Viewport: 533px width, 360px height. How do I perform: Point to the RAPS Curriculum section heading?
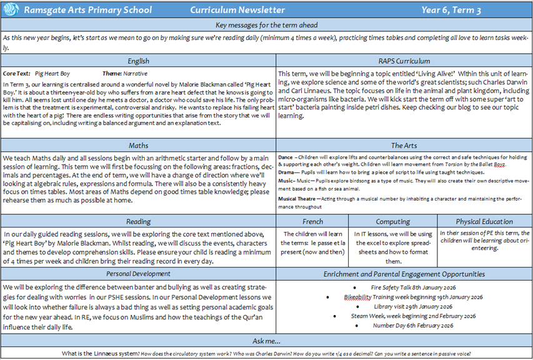pyautogui.click(x=404, y=61)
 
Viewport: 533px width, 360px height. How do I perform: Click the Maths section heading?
pyautogui.click(x=138, y=146)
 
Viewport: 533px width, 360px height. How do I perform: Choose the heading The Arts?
pyautogui.click(x=404, y=146)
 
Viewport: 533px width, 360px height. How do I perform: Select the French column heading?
pyautogui.click(x=312, y=221)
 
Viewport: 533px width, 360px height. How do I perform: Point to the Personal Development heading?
pyautogui.click(x=138, y=274)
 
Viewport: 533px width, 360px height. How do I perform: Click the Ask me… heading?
pyautogui.click(x=266, y=341)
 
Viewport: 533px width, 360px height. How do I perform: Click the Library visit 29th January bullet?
pyautogui.click(x=406, y=306)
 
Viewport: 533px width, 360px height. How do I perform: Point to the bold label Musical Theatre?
pyautogui.click(x=297, y=198)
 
